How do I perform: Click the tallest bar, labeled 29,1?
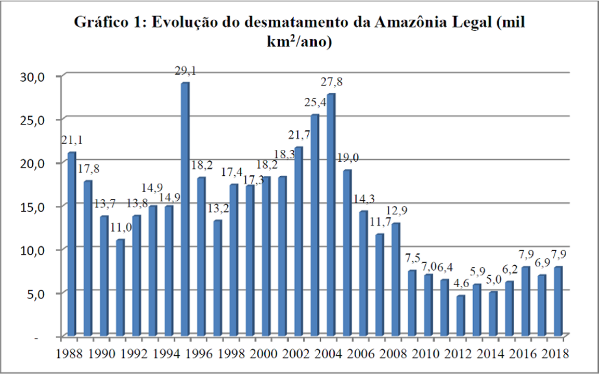[185, 208]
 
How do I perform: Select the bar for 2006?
[363, 273]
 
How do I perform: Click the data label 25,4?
[315, 104]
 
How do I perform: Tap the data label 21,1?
[72, 140]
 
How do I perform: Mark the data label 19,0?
[348, 158]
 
